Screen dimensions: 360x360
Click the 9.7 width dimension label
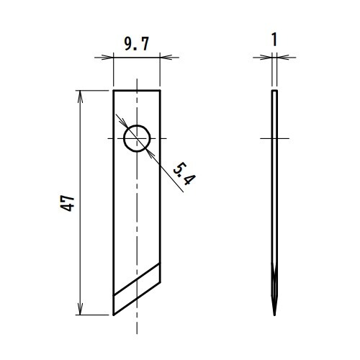click(x=136, y=45)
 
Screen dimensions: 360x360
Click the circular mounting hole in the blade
click(x=137, y=138)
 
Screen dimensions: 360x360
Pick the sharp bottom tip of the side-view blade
click(x=274, y=314)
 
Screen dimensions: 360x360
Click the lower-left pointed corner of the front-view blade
click(x=114, y=314)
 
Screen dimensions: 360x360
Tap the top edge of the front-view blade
click(x=137, y=90)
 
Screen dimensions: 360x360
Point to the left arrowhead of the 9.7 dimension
click(x=117, y=55)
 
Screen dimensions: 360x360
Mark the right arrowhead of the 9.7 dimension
click(x=157, y=55)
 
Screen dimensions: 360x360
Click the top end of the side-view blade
click(x=274, y=91)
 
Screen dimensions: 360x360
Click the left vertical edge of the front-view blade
click(x=113, y=202)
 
